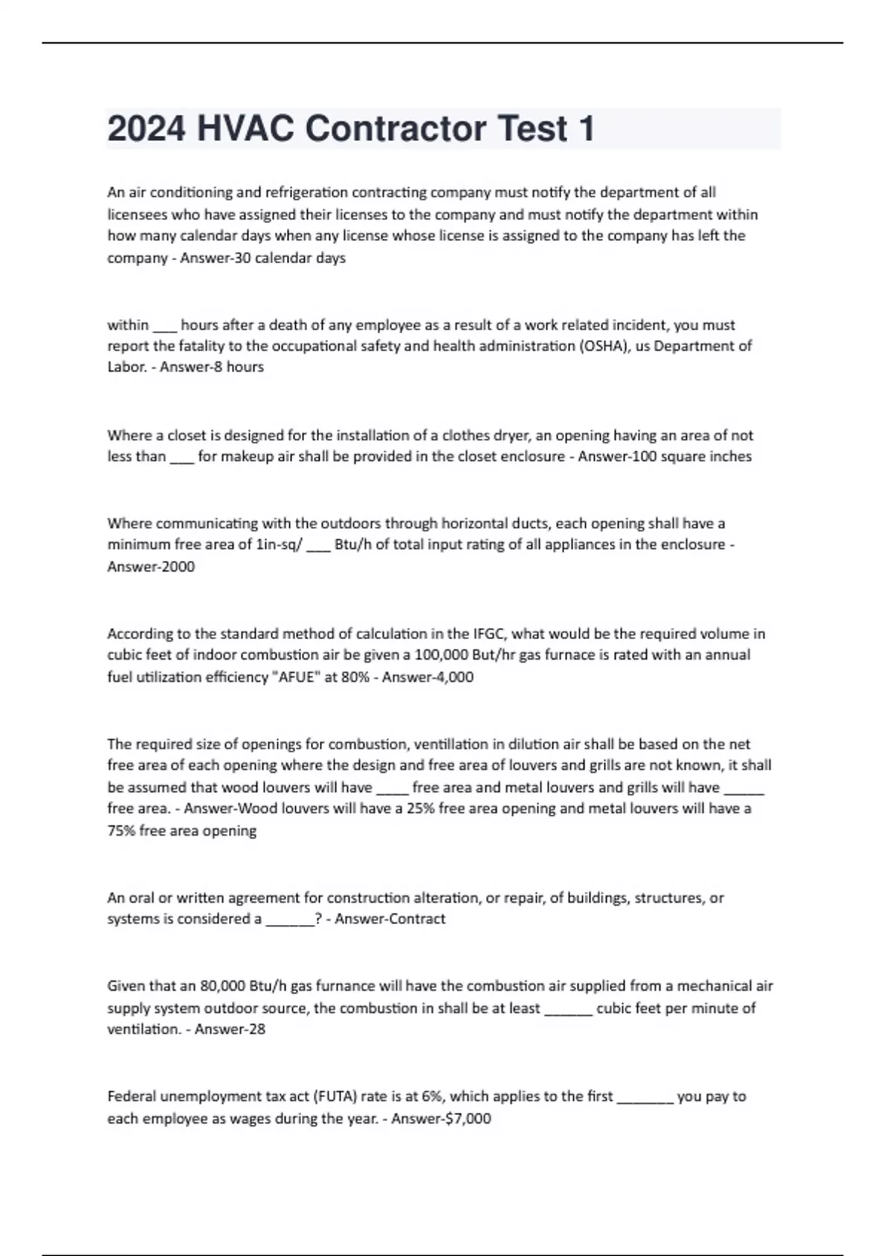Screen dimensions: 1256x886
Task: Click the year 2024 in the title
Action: click(x=146, y=129)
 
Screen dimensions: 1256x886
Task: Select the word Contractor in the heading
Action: click(x=395, y=129)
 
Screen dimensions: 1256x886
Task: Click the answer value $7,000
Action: click(x=468, y=1119)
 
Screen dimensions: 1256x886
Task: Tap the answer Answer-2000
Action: click(x=151, y=567)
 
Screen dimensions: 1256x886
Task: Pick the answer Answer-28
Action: click(x=230, y=1029)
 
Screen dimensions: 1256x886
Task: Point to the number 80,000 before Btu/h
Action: click(x=222, y=986)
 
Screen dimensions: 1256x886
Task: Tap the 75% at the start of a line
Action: click(x=121, y=830)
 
